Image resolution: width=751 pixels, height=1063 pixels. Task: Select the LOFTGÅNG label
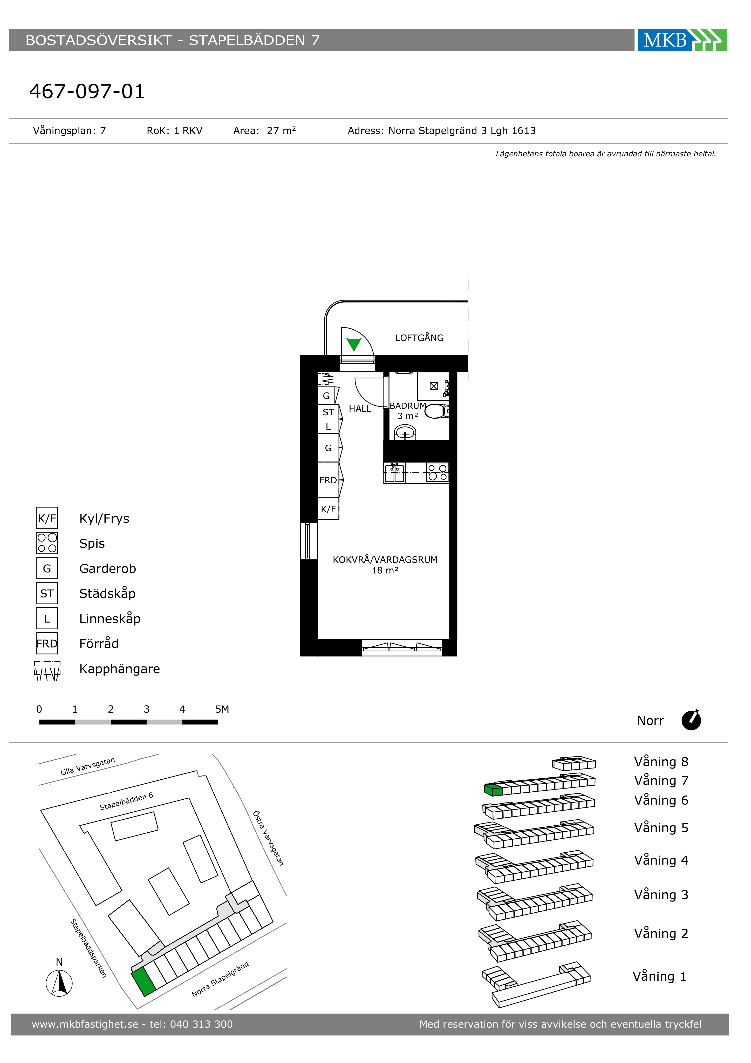pos(419,338)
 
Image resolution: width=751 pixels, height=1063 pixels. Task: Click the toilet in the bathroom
pos(437,411)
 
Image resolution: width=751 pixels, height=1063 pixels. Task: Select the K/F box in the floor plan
pos(328,509)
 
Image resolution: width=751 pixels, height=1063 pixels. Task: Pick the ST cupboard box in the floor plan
pos(328,412)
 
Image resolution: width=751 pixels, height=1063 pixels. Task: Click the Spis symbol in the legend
pos(47,543)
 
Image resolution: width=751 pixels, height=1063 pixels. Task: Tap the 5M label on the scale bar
pos(222,709)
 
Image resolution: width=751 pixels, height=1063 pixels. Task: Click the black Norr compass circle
pos(691,720)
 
